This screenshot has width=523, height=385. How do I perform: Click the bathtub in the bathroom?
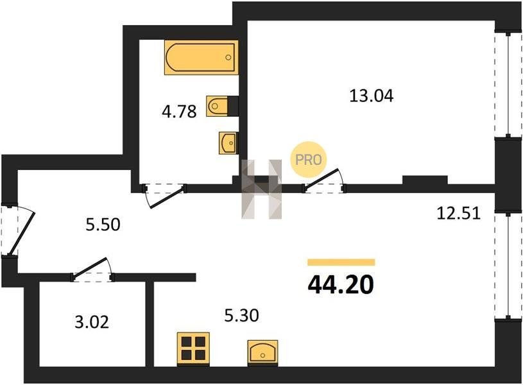201,57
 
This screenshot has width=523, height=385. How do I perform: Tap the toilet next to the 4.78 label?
222,106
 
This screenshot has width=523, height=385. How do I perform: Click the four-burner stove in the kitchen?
193,348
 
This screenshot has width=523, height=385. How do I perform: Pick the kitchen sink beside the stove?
262,353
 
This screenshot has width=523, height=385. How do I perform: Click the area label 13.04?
372,96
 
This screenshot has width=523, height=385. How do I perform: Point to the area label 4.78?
179,112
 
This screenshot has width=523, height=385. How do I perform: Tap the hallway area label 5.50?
103,225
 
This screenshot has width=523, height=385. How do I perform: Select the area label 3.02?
92,323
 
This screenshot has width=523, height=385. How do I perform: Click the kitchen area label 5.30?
241,316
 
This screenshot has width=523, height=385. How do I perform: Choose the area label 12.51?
459,213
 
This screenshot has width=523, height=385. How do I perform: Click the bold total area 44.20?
341,286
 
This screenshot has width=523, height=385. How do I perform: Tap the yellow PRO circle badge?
309,160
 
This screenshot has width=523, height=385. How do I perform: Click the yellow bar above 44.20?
341,262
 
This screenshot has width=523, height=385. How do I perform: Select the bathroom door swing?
164,195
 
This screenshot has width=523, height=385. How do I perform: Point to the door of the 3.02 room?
92,269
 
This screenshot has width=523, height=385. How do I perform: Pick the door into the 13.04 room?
324,181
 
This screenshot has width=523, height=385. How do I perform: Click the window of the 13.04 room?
508,85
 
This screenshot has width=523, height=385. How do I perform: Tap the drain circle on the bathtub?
228,57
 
